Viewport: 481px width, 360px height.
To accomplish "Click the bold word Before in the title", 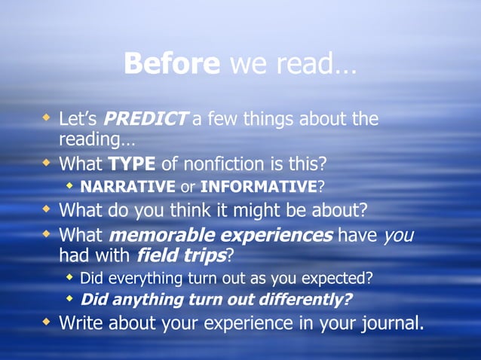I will pos(172,64).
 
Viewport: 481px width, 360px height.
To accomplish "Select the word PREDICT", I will pos(145,119).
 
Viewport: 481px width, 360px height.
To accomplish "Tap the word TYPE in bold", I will pos(133,163).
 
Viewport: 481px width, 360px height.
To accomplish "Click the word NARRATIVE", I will pos(127,186).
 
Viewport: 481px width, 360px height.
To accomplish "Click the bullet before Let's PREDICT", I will pos(47,118).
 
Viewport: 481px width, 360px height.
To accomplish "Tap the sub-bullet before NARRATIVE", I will pos(70,185).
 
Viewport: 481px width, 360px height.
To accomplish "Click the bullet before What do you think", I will pos(47,207).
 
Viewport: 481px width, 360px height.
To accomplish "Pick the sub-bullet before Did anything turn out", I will pos(70,299).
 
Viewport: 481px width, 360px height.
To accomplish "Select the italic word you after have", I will pos(400,235).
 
